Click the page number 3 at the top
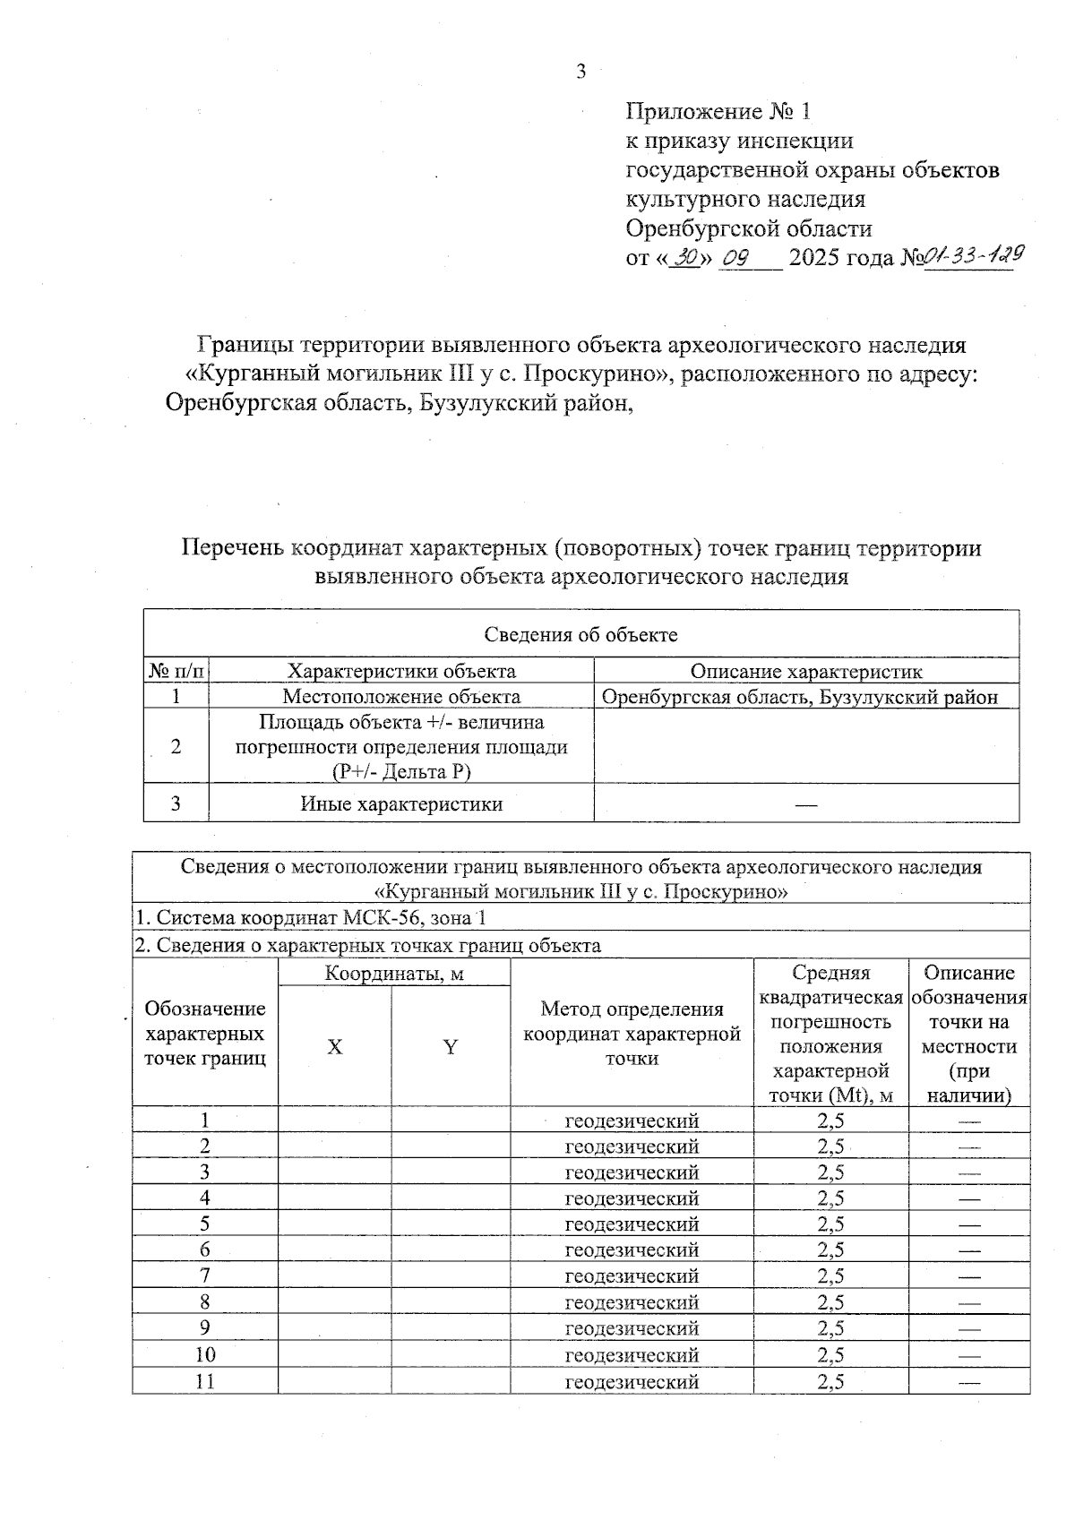pos(580,73)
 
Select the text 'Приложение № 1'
pos(718,112)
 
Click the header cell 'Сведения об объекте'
pos(580,635)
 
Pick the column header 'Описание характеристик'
pos(805,671)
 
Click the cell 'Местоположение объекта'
pos(401,696)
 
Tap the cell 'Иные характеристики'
pos(401,803)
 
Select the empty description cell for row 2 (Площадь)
pos(805,746)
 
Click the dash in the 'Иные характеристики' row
pos(805,804)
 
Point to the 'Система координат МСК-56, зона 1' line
pos(311,918)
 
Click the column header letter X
pos(334,1047)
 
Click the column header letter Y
pos(451,1047)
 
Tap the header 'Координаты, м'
pos(394,974)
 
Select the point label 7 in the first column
pos(205,1275)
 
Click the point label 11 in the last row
pos(205,1381)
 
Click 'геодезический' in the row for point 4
pos(632,1198)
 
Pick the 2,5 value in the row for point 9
pos(830,1328)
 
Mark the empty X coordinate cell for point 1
pos(334,1121)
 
